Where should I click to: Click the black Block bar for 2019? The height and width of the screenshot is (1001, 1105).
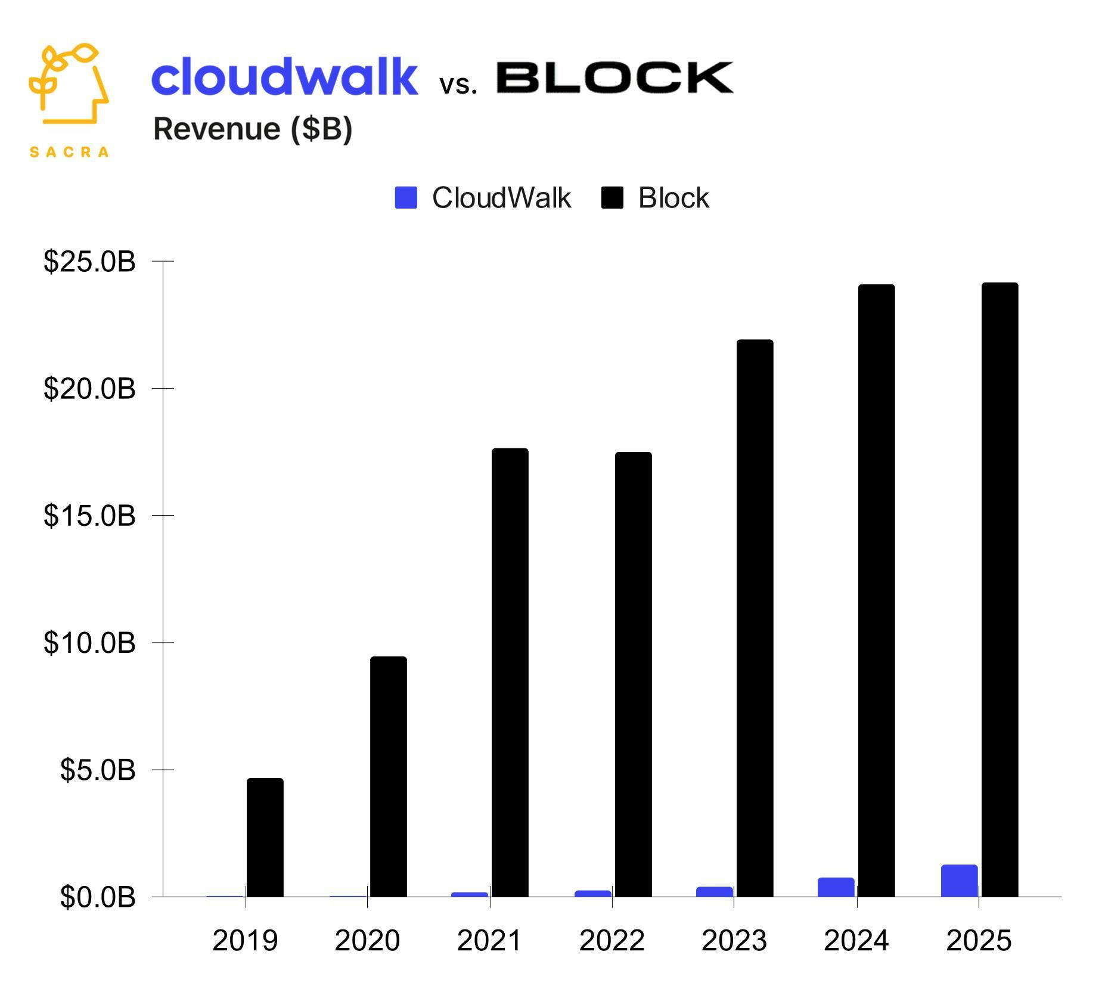coord(265,837)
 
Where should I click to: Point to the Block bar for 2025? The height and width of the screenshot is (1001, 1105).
coord(1000,590)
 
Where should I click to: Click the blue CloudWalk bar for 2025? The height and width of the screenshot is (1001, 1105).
coord(959,881)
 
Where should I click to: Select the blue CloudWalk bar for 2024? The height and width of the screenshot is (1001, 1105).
coord(836,887)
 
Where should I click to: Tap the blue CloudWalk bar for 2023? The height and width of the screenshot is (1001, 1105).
coord(714,891)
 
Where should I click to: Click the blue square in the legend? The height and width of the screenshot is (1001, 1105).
coord(406,197)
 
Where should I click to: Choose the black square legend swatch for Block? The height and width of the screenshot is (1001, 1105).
coord(612,197)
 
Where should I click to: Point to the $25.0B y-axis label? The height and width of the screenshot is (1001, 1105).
coord(89,262)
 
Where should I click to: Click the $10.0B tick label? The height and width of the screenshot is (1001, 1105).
coord(89,643)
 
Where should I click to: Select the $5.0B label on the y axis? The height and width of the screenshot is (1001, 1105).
coord(98,770)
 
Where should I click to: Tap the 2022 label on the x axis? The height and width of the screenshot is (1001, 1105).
coord(612,941)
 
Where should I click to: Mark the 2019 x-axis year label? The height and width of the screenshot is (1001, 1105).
coord(245,941)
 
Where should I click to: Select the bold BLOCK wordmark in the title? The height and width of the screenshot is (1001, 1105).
coord(614,78)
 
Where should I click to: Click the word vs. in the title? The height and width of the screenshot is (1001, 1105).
coord(458,85)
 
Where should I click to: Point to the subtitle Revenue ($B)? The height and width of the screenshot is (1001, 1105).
coord(253,129)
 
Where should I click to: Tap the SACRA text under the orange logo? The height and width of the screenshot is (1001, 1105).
coord(69,152)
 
